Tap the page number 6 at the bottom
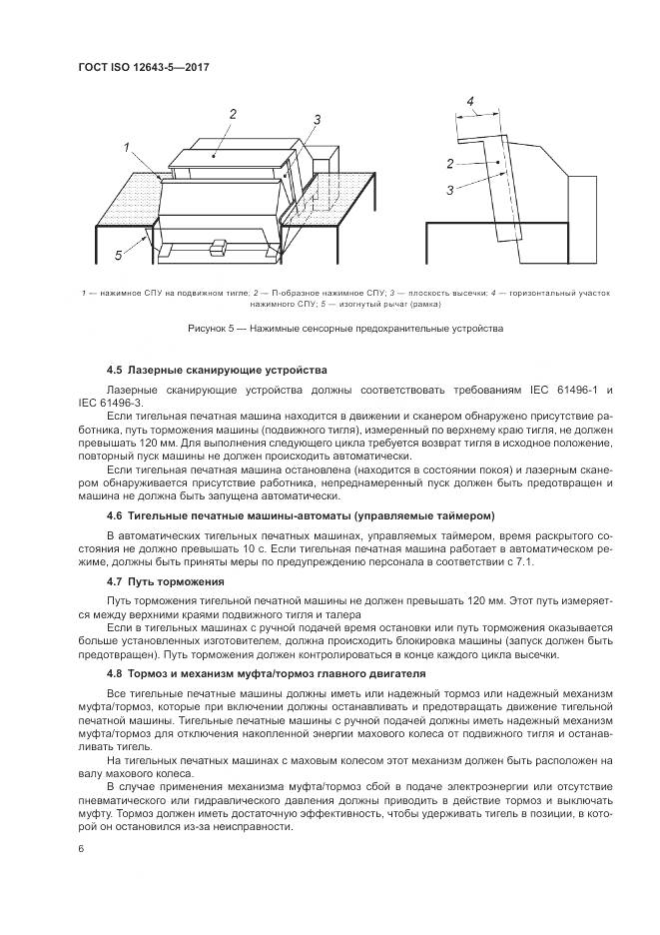tap(79, 848)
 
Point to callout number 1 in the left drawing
tap(129, 147)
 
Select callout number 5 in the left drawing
tap(118, 256)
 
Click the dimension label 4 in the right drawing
tap(470, 101)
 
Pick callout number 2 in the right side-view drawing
tap(451, 163)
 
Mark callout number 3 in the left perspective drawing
tap(316, 120)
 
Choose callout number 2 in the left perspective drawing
tap(232, 114)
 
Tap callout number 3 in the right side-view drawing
tap(451, 189)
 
